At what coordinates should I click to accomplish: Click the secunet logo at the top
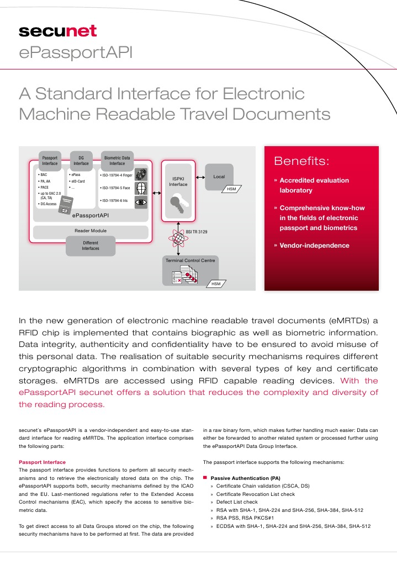(x=58, y=31)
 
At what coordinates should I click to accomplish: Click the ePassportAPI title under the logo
(x=76, y=53)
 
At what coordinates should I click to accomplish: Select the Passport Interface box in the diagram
(x=50, y=160)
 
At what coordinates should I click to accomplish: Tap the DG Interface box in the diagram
(x=81, y=160)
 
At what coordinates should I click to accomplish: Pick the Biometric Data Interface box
(x=117, y=160)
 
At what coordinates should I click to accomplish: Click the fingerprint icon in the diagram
(x=141, y=174)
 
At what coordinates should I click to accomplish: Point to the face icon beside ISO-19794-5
(x=141, y=188)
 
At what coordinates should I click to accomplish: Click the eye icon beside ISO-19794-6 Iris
(x=141, y=202)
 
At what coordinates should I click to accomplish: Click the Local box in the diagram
(x=219, y=177)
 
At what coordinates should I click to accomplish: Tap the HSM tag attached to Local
(x=231, y=190)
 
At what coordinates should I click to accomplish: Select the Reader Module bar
(x=91, y=231)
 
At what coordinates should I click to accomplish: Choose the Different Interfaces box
(x=91, y=245)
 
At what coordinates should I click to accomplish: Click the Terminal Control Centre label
(x=191, y=260)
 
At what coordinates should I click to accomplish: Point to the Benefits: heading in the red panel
(x=301, y=162)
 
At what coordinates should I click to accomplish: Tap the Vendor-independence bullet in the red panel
(x=314, y=245)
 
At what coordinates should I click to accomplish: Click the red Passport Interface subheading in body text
(x=42, y=462)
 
